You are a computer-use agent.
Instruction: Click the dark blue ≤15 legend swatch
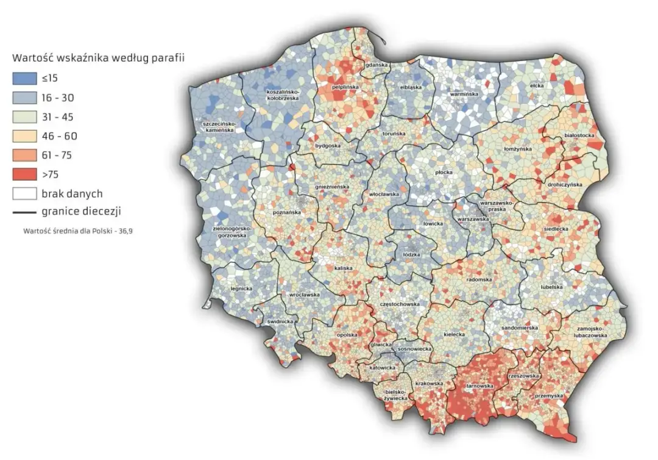[23, 78]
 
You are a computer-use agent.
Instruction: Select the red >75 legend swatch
[23, 174]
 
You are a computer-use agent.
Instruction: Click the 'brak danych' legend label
[72, 194]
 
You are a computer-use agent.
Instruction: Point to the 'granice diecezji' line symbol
[23, 213]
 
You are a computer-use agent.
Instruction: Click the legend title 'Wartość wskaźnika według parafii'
[98, 59]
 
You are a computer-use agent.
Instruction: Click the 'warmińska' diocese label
[462, 95]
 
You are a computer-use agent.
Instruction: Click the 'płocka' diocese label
[444, 173]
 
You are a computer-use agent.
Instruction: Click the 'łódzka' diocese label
[412, 254]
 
